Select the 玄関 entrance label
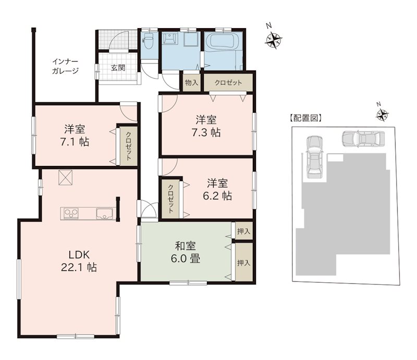point(118,67)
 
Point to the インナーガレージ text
point(65,66)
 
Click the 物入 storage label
point(191,82)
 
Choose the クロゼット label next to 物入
point(228,82)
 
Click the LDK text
point(80,255)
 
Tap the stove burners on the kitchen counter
point(69,213)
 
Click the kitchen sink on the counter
point(102,213)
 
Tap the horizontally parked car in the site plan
point(363,139)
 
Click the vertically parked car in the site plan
point(314,158)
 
